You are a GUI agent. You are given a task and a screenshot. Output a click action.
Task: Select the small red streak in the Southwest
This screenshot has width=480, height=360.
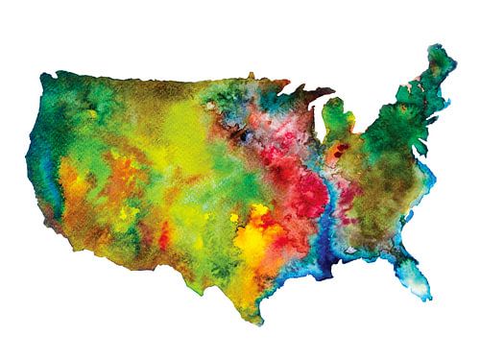point(164,231)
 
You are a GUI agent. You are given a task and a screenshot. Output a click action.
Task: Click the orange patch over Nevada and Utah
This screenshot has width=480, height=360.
point(96,182)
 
